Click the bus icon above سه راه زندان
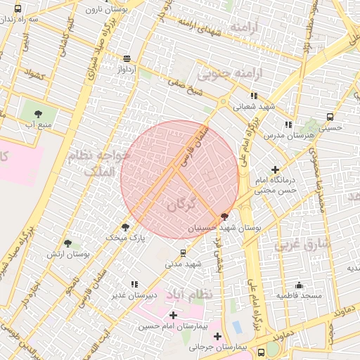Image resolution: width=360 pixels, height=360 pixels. click(x=18, y=8)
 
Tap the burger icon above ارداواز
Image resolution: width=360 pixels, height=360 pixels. click(x=127, y=59)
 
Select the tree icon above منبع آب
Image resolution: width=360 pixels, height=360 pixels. click(x=38, y=112)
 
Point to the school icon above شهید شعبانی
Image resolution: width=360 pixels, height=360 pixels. click(x=254, y=95)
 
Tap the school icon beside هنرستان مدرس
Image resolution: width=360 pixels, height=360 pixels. click(x=288, y=124)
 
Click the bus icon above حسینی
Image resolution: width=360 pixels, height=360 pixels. click(x=330, y=117)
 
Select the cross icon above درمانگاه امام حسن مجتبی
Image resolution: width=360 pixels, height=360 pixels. click(x=275, y=169)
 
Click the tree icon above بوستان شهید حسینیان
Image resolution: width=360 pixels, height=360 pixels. click(x=224, y=217)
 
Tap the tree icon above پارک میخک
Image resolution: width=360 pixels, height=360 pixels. click(x=126, y=226)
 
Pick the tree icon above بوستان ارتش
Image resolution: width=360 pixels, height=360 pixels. click(x=67, y=243)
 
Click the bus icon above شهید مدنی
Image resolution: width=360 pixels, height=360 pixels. click(x=184, y=253)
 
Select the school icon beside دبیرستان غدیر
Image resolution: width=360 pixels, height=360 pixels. click(x=134, y=284)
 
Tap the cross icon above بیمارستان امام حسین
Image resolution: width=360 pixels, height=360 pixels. click(x=173, y=314)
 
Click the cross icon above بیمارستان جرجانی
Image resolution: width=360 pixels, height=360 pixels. click(x=217, y=336)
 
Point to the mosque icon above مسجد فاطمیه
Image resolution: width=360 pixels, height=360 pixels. click(x=299, y=285)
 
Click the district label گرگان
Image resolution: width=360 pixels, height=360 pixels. click(x=181, y=205)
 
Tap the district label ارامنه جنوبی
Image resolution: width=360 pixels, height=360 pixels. click(x=229, y=73)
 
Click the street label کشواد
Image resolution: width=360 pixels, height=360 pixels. click(x=34, y=73)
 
